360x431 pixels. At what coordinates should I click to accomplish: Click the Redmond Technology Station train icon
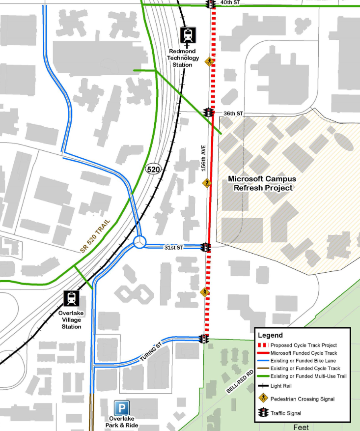pos(188,35)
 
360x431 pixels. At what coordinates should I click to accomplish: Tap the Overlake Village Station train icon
pos(72,299)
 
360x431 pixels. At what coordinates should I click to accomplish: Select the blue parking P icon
pos(122,408)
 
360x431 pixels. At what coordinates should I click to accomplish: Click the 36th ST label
pos(233,114)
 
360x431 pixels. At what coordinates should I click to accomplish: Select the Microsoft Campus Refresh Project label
pos(262,183)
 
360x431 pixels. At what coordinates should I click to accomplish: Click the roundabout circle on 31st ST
pos(139,242)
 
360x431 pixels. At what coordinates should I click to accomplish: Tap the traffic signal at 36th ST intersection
pos(209,113)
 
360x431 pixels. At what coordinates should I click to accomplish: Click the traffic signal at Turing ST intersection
pos(203,339)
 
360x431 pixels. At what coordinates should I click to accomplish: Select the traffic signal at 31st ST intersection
pos(208,247)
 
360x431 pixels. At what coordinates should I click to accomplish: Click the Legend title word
pos(271,335)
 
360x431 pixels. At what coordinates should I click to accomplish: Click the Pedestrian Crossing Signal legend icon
pos(264,399)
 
